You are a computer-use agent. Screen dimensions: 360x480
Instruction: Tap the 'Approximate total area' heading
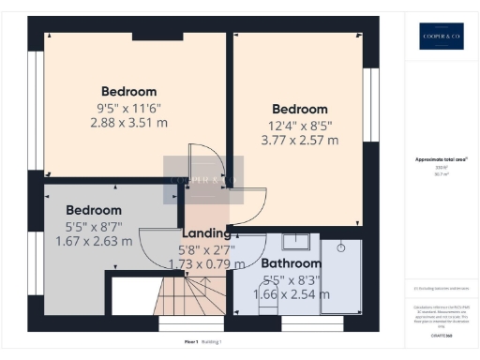(441, 159)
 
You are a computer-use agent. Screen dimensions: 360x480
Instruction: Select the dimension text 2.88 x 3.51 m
(129, 123)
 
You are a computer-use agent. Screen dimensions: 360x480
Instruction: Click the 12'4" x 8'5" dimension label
(300, 126)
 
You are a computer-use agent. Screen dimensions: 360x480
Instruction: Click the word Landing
(206, 233)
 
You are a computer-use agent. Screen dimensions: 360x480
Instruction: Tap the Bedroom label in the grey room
(94, 210)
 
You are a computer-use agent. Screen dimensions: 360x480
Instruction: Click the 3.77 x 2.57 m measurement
(300, 141)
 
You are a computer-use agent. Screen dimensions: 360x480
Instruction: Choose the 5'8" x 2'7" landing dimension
(206, 250)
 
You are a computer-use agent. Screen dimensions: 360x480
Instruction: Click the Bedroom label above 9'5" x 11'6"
(129, 91)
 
